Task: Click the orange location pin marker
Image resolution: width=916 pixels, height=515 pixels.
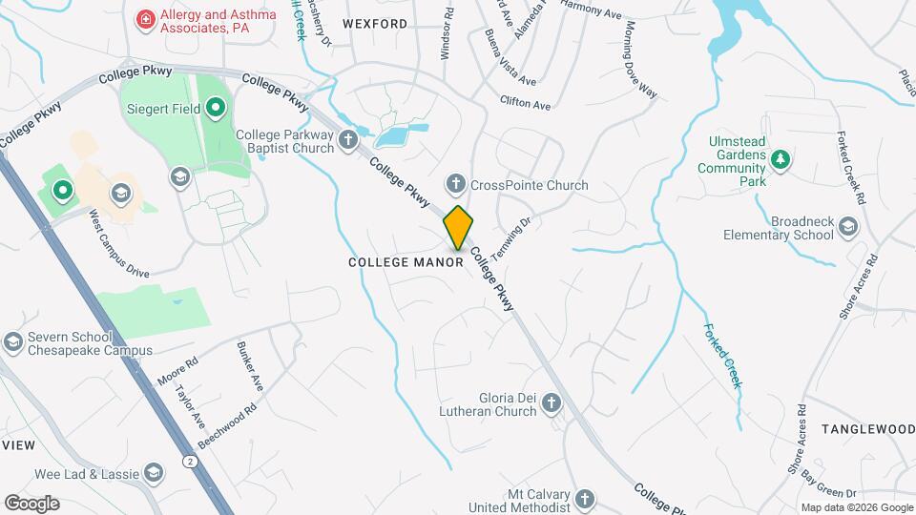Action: [459, 227]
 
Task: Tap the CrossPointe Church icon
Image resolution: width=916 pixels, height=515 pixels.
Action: [456, 183]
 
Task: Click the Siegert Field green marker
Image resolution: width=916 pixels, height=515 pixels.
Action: [216, 108]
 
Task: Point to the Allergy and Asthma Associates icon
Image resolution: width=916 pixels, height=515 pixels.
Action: [145, 18]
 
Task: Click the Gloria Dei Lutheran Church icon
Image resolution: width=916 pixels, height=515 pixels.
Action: [551, 404]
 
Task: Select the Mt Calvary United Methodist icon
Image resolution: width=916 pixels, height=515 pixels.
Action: [584, 499]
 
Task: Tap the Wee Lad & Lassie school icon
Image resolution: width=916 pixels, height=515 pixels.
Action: [153, 472]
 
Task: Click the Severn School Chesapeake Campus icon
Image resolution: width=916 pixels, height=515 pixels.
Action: [13, 341]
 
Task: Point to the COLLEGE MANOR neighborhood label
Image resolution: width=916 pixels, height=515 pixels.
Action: [406, 261]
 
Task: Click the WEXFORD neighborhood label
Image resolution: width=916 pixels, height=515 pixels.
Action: [375, 23]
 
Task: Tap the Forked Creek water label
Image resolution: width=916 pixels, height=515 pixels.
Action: [722, 355]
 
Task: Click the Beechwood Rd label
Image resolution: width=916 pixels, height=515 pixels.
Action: [228, 426]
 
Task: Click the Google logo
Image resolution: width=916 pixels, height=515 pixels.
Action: [31, 503]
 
